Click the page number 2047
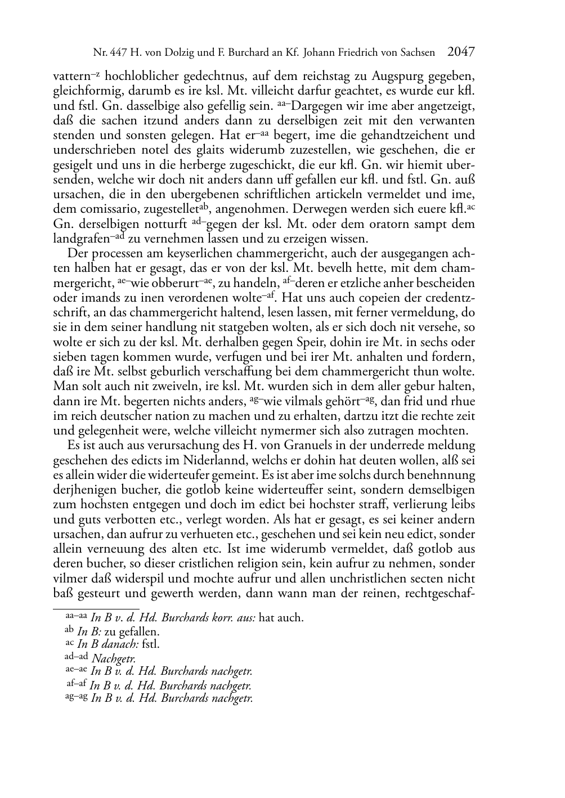tap(461, 52)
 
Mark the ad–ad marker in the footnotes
tap(77, 657)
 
